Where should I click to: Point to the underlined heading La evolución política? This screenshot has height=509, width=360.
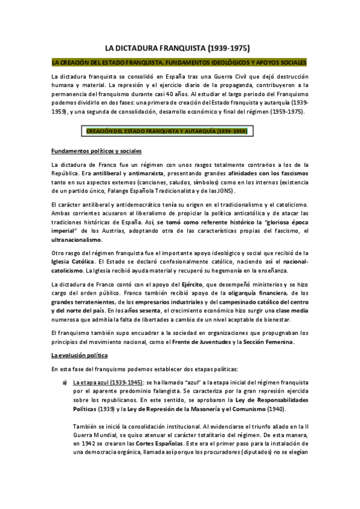pyautogui.click(x=78, y=356)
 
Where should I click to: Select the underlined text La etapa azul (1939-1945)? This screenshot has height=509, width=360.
pyautogui.click(x=107, y=382)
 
